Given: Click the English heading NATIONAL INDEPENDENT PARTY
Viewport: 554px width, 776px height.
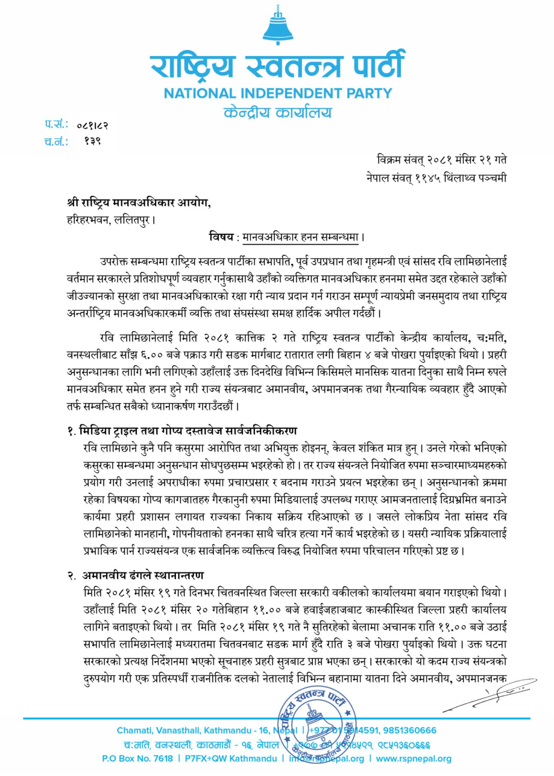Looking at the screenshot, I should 278,93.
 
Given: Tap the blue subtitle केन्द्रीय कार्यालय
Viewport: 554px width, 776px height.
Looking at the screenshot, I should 278,112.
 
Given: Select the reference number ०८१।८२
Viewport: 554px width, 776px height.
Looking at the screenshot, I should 93,125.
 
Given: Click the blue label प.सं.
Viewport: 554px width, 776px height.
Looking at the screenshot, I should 56,124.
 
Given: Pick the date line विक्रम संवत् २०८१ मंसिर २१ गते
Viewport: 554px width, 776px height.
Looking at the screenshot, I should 441,160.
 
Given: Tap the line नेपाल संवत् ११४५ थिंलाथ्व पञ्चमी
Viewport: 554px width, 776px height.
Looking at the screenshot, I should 436,178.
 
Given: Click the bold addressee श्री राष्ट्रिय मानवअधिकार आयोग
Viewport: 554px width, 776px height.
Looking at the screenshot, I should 138,203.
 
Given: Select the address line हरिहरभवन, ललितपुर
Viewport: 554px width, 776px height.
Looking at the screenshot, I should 111,220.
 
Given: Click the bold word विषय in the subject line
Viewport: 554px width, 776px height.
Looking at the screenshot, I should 221,236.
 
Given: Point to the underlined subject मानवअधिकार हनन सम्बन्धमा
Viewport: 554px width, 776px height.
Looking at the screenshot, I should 301,236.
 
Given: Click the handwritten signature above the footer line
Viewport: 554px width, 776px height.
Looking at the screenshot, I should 493,694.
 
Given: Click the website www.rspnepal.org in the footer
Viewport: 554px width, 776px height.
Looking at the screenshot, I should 413,758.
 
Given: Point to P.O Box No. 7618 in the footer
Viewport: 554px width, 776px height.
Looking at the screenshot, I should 137,758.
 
